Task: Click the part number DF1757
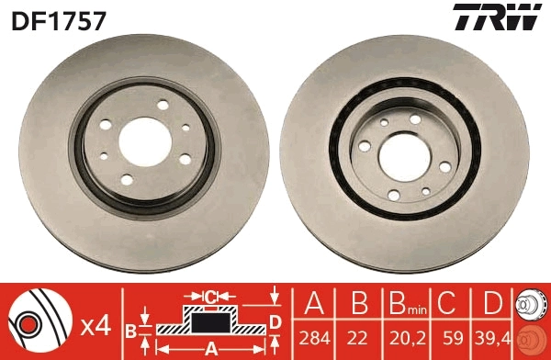[59, 20]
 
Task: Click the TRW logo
[497, 17]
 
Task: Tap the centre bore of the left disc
[145, 142]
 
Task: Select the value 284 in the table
[314, 339]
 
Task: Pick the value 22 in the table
[358, 339]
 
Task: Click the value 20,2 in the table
[408, 339]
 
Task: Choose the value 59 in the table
[453, 339]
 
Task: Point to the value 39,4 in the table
[493, 339]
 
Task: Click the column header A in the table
[314, 303]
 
